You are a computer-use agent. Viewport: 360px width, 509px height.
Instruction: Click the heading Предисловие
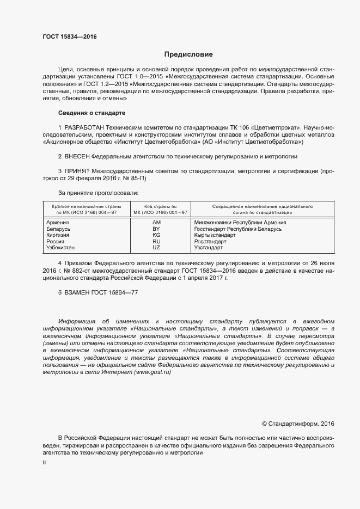[188, 54]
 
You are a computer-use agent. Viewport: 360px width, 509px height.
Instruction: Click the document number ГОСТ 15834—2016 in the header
[70, 37]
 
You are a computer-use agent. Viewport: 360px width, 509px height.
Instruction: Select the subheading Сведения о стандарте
[91, 113]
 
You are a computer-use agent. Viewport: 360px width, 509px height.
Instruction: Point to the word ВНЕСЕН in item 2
[77, 156]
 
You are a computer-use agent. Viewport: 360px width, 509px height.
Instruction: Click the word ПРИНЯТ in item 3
[77, 170]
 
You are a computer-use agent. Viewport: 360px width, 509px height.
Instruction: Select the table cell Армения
[58, 222]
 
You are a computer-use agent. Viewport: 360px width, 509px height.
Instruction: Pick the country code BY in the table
[156, 229]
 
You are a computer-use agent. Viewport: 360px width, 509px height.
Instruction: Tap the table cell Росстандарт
[210, 241]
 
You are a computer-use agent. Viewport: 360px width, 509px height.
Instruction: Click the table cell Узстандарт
[209, 247]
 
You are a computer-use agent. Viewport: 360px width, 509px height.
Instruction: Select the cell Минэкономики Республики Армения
[240, 222]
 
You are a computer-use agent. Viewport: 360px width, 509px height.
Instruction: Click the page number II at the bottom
[44, 462]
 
